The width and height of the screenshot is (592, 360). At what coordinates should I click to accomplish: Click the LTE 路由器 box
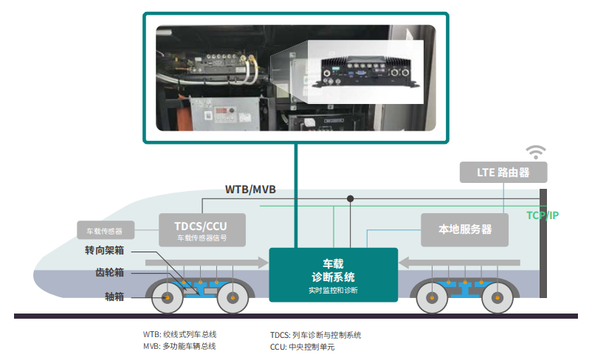(x=504, y=173)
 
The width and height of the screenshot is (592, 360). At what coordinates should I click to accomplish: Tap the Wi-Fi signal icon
(x=535, y=152)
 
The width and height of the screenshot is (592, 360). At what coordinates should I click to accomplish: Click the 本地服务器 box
(x=466, y=229)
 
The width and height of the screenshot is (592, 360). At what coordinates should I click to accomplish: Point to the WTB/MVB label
(x=250, y=190)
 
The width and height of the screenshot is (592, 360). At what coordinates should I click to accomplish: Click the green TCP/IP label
(x=543, y=215)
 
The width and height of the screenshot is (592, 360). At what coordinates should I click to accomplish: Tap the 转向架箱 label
(x=104, y=251)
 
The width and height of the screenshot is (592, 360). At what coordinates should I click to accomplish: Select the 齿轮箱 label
(x=109, y=273)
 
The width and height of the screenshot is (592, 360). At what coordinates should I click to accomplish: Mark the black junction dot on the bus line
(x=351, y=198)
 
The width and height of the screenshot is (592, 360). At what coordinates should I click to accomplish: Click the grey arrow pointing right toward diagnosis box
(x=207, y=262)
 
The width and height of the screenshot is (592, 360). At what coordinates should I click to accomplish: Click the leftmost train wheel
(x=168, y=298)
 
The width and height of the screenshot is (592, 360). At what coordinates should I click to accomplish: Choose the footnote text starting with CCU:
(x=302, y=346)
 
